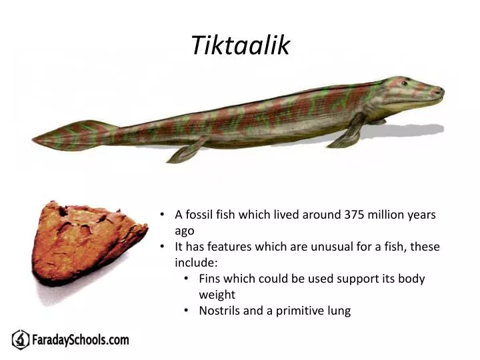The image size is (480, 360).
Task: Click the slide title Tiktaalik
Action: [x=240, y=45]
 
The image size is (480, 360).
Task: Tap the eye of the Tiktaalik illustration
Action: [x=404, y=83]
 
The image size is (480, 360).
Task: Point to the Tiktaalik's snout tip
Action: [x=441, y=91]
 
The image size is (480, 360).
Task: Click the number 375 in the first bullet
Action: [x=355, y=215]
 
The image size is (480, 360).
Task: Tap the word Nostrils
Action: [x=220, y=311]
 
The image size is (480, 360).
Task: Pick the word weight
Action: [x=217, y=295]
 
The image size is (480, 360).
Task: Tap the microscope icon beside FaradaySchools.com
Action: [x=21, y=340]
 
